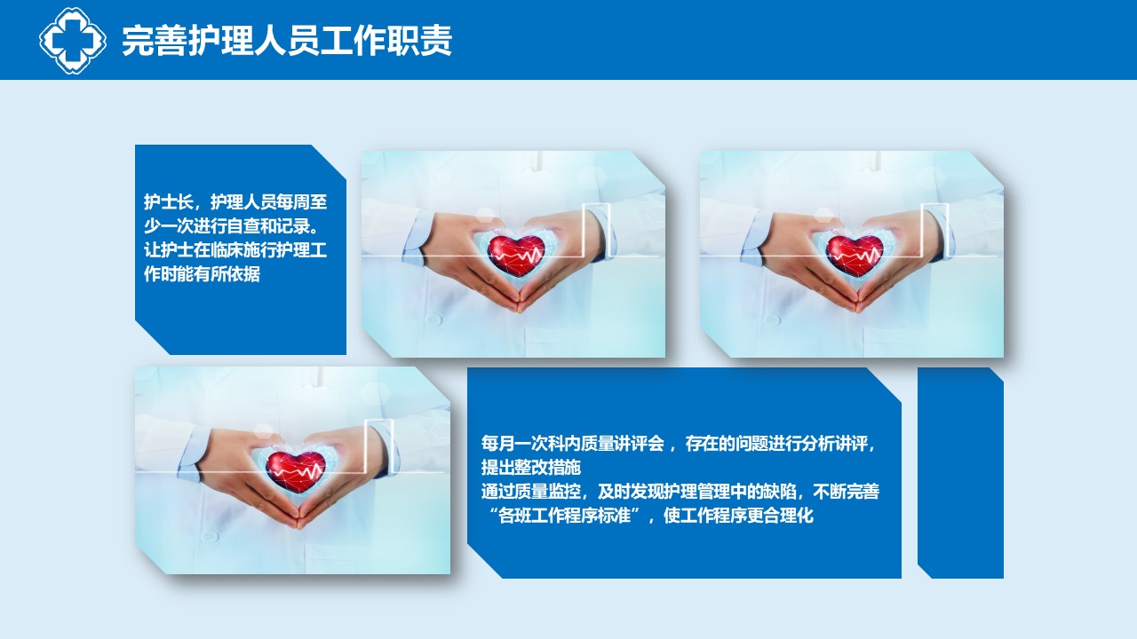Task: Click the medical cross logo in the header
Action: (73, 40)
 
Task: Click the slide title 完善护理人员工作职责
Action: (287, 41)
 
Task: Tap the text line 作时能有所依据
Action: (202, 274)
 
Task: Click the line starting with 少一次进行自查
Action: (232, 226)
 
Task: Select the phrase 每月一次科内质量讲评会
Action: (573, 443)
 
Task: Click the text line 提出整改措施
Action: (531, 467)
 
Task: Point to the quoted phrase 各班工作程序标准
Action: (564, 516)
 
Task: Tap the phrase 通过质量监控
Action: (531, 492)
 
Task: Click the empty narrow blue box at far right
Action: (960, 473)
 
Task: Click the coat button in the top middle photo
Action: (433, 319)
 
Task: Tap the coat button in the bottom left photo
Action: (209, 536)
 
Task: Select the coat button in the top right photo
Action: (772, 319)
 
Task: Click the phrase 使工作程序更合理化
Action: (738, 516)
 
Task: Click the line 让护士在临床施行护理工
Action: (235, 250)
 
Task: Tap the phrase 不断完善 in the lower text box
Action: (847, 492)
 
